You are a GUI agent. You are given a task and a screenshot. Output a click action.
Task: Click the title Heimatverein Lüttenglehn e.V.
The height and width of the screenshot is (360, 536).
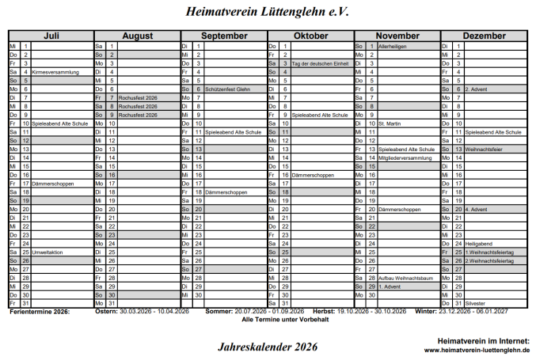267,12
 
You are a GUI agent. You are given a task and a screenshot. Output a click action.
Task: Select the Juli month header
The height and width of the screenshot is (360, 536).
51,36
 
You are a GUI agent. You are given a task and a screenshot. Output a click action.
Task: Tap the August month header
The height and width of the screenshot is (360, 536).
137,36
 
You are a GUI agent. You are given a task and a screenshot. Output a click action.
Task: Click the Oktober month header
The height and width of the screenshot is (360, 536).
310,36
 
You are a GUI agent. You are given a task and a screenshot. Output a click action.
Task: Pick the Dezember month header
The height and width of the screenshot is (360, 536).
484,36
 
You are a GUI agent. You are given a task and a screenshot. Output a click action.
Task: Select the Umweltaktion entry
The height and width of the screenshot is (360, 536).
48,252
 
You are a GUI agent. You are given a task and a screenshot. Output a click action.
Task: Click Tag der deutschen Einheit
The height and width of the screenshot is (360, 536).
320,63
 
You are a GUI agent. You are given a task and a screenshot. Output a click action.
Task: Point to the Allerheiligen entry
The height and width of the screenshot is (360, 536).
393,47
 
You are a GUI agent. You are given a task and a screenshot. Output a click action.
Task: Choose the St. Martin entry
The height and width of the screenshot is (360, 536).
390,123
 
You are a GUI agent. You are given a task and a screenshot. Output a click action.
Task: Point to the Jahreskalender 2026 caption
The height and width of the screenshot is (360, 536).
267,346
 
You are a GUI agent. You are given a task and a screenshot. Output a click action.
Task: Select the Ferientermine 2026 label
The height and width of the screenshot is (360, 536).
40,312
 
